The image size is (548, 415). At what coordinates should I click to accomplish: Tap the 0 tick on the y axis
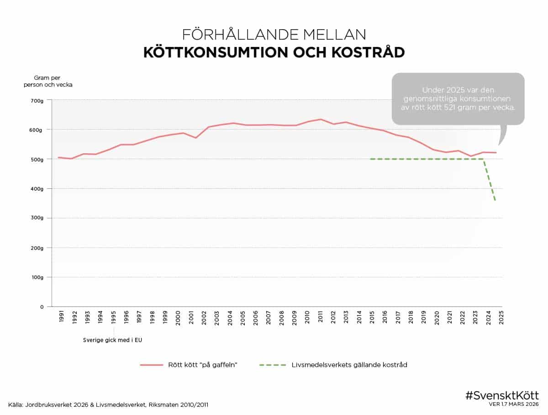pyautogui.click(x=42, y=307)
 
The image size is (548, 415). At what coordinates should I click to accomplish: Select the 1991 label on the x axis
pyautogui.click(x=62, y=318)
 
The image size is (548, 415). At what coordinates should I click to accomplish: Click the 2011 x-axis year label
pyautogui.click(x=321, y=318)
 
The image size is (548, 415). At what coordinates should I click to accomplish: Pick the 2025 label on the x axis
pyautogui.click(x=501, y=318)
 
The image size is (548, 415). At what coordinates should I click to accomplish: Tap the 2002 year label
pyautogui.click(x=204, y=318)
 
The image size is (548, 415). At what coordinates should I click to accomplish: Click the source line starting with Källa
pyautogui.click(x=109, y=405)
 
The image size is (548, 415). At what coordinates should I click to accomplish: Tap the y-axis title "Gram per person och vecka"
pyautogui.click(x=47, y=81)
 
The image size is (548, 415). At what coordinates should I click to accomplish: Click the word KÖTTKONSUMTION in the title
pyautogui.click(x=216, y=52)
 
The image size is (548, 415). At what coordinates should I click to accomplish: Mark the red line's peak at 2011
pyautogui.click(x=321, y=119)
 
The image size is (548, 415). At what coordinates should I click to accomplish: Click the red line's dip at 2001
pyautogui.click(x=195, y=138)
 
